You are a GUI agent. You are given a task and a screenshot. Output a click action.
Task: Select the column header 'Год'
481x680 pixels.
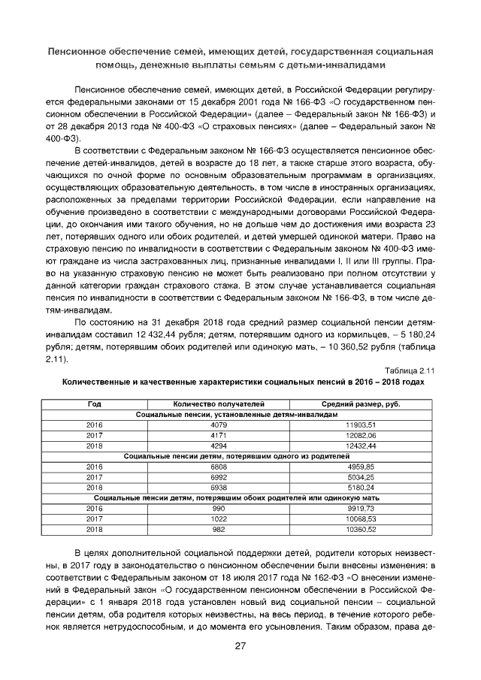pos(95,405)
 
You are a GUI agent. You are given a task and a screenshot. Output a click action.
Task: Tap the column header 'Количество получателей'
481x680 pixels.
pos(214,405)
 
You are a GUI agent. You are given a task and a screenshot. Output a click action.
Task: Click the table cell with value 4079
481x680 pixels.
pos(214,425)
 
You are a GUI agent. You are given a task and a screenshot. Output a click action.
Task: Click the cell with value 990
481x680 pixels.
pos(214,509)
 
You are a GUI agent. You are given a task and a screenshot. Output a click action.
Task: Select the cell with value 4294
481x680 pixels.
pos(214,446)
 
